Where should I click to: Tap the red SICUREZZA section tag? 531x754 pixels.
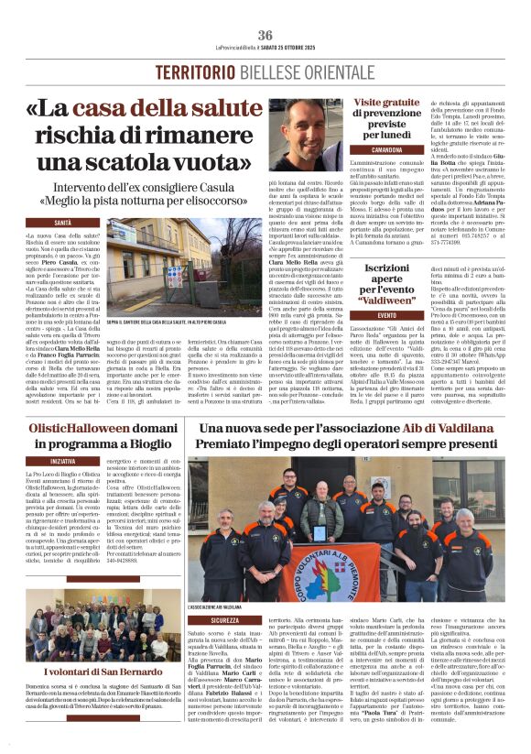224,619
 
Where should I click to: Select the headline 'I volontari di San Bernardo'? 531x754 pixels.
91,672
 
